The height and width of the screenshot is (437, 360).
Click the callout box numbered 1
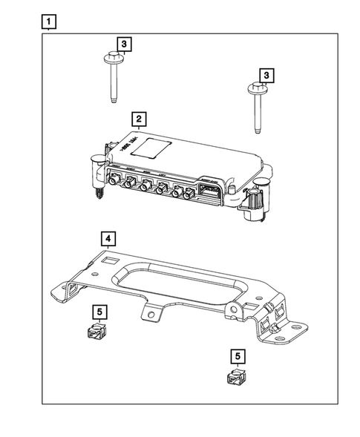(x=48, y=22)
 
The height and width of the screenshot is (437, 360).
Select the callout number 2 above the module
(x=138, y=118)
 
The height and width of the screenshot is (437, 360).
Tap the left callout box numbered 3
(x=124, y=45)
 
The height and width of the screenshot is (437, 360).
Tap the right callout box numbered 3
(x=265, y=76)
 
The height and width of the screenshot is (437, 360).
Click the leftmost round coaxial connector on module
(x=116, y=180)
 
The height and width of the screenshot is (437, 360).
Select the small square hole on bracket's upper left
(x=109, y=260)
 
